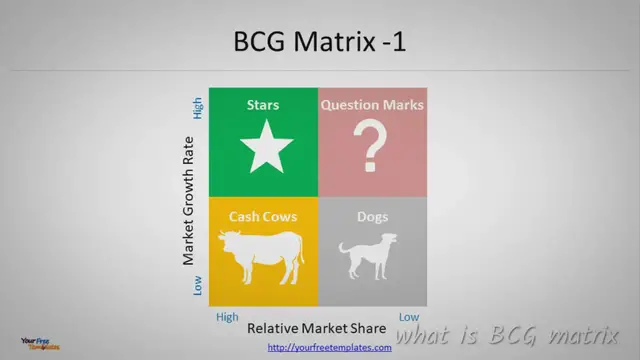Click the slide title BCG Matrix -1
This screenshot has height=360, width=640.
(319, 43)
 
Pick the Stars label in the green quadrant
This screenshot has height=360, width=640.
(263, 104)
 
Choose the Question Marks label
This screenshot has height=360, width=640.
(372, 104)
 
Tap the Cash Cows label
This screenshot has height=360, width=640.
(263, 216)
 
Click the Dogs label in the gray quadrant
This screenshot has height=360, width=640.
(372, 216)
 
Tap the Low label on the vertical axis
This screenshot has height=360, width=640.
(198, 287)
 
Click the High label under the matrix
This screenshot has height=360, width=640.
(227, 316)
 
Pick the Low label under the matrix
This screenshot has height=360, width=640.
(409, 316)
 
